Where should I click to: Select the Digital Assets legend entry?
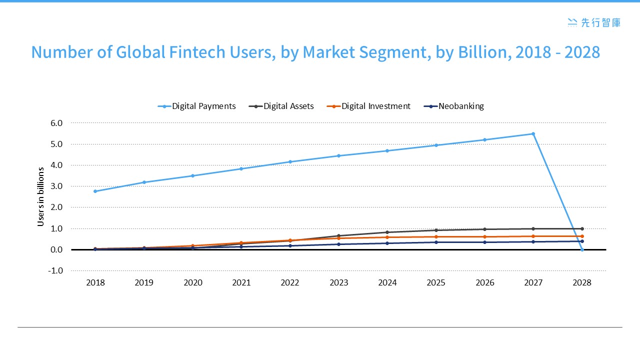click(x=283, y=106)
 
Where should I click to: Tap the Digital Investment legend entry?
click(x=368, y=106)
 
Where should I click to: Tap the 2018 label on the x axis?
click(x=95, y=282)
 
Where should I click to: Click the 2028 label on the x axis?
click(x=582, y=282)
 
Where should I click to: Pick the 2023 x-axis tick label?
click(x=339, y=282)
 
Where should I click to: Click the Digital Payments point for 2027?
click(x=533, y=133)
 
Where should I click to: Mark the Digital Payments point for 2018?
click(x=95, y=191)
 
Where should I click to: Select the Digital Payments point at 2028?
click(x=582, y=249)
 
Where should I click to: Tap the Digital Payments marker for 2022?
click(x=290, y=161)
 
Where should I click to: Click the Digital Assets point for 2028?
click(x=582, y=228)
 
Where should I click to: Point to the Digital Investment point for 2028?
click(x=582, y=236)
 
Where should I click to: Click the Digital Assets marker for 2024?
click(x=387, y=232)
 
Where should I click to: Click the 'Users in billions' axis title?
click(x=41, y=196)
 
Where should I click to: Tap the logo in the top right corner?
click(x=594, y=22)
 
